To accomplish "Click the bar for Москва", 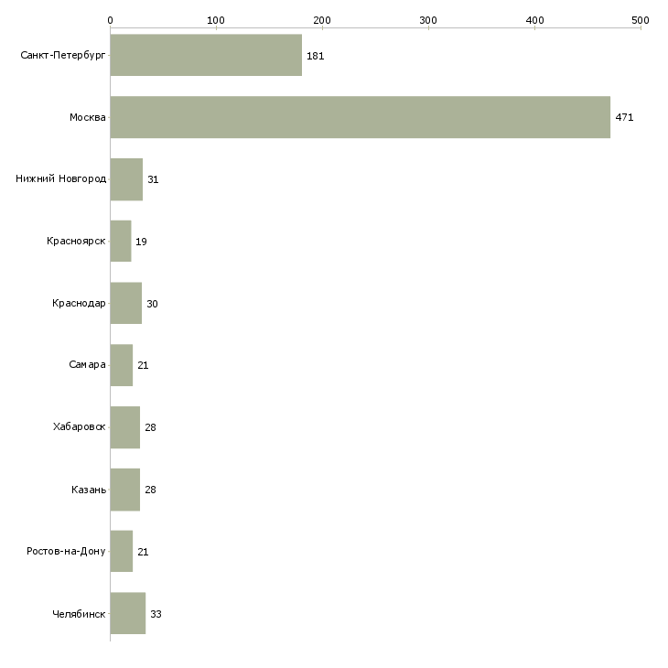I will (360, 117).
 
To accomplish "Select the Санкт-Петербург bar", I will (206, 55).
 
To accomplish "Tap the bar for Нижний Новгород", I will (126, 179).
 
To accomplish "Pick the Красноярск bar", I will (121, 242).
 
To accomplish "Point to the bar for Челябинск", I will (127, 613).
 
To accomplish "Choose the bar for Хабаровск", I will (124, 427).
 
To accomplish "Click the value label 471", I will (624, 118).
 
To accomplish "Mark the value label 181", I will (316, 56).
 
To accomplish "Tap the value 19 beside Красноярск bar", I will (142, 242).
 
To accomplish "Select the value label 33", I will (156, 614).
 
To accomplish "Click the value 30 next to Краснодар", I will (152, 304).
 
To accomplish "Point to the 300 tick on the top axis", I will (428, 19).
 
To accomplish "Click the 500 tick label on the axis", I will (641, 19).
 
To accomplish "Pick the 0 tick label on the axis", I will (110, 19).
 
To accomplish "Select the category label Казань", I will (88, 490).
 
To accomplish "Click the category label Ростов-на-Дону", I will (66, 552).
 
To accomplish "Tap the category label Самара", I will (87, 365).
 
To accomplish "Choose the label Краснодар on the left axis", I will (79, 304).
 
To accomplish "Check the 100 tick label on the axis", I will (216, 19).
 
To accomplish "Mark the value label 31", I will (153, 179).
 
